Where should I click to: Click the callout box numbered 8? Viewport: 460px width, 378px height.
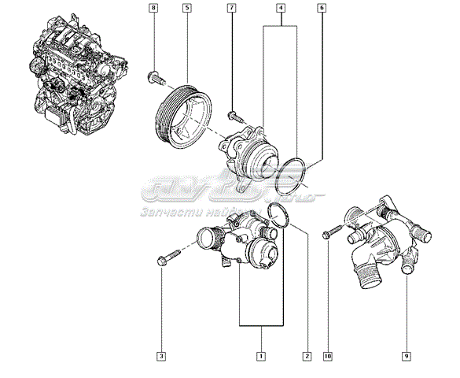coord(154,9)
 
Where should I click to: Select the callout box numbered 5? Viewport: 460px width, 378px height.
coord(186,9)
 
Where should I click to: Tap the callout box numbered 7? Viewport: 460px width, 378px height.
coord(231,9)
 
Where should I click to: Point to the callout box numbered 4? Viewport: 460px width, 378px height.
coord(280,9)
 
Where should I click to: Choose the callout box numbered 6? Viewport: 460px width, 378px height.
coord(322,9)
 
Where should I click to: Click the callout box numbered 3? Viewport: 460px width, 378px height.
coord(161,357)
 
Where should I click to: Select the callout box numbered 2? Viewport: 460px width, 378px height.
coord(307,357)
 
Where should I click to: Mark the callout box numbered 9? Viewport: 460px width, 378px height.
coord(406,357)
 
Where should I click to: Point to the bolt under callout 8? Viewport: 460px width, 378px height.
coord(154,76)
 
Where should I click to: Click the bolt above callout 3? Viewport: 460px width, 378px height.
coord(167,258)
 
